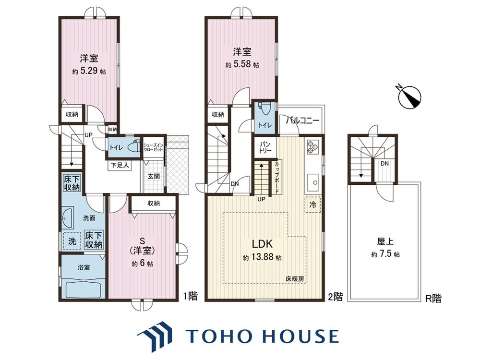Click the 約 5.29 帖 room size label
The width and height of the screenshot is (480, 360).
click(89, 72)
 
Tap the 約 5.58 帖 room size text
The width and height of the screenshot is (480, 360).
click(242, 65)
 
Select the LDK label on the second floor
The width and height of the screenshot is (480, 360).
click(262, 244)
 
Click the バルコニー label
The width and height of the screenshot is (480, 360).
click(302, 120)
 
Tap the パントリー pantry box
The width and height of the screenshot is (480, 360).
click(265, 147)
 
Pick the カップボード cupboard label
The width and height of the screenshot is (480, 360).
click(276, 178)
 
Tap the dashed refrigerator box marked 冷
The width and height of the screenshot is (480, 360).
click(312, 204)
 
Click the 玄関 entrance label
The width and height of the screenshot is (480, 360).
click(154, 176)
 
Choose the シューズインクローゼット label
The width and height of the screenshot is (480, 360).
click(154, 147)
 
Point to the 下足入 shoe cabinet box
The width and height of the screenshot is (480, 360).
click(120, 166)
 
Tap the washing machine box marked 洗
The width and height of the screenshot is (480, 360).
click(72, 241)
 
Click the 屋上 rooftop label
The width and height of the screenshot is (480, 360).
click(385, 242)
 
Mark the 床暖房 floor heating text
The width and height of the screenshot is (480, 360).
click(295, 279)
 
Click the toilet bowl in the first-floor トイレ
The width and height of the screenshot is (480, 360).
click(132, 146)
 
